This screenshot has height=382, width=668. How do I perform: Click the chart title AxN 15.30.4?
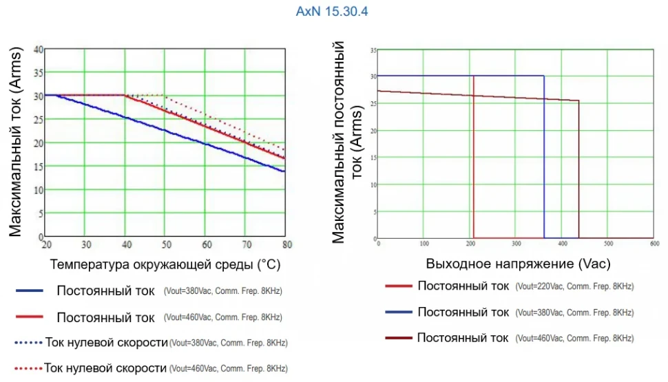(x=334, y=12)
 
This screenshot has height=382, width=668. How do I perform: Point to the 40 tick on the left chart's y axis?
(x=38, y=50)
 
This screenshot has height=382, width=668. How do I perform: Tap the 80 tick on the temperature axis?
(x=287, y=244)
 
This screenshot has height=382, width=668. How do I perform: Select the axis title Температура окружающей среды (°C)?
(x=165, y=264)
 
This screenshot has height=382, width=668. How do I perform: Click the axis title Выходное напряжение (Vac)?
(x=518, y=264)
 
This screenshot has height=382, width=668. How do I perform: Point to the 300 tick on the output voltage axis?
(x=516, y=244)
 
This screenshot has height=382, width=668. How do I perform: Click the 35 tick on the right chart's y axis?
(x=373, y=50)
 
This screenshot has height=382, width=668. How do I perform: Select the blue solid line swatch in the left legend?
(x=30, y=290)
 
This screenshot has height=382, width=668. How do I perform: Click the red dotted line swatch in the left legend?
(x=28, y=368)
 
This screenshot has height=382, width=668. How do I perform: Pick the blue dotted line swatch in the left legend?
(x=28, y=342)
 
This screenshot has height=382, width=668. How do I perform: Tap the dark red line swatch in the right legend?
(x=397, y=338)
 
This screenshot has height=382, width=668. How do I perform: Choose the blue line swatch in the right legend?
(x=397, y=312)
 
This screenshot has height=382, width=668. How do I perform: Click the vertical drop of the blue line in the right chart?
(x=544, y=158)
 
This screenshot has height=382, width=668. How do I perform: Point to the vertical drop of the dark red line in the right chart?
(x=578, y=172)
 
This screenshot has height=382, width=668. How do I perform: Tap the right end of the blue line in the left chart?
(x=284, y=171)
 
